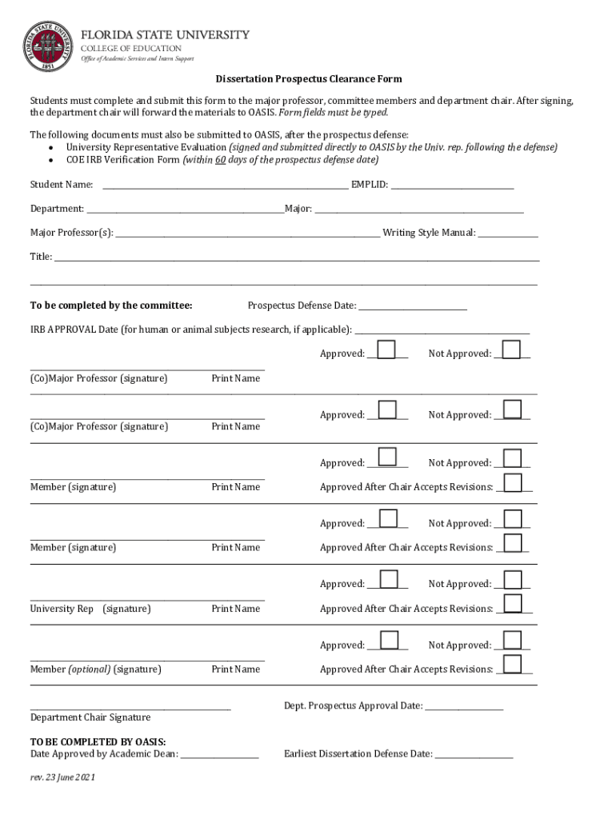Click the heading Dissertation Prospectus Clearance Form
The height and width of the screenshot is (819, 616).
click(x=308, y=79)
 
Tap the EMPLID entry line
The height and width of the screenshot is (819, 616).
click(x=452, y=186)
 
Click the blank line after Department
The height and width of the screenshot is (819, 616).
click(x=185, y=210)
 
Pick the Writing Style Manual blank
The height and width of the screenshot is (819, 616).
click(x=508, y=234)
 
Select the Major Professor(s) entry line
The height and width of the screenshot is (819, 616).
click(x=248, y=234)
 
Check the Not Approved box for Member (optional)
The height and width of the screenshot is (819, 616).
click(x=512, y=640)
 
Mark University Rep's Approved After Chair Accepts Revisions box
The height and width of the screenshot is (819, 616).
click(x=513, y=603)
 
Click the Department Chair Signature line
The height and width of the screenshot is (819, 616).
click(x=130, y=707)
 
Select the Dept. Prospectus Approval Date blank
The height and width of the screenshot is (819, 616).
click(x=464, y=707)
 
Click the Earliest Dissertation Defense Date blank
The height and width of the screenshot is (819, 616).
click(x=474, y=755)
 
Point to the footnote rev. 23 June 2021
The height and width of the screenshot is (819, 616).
click(x=62, y=777)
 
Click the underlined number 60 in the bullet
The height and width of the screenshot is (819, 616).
click(x=220, y=159)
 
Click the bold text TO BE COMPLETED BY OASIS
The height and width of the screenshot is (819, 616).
click(x=98, y=742)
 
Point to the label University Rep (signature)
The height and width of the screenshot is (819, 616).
click(x=90, y=609)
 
